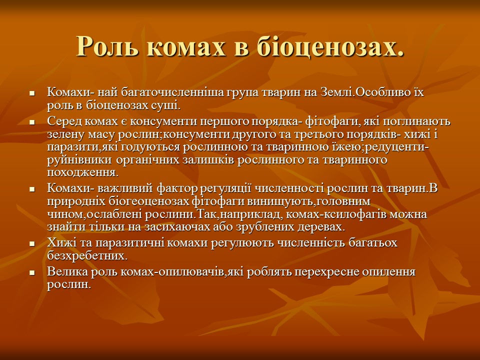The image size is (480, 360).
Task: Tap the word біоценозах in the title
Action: click(x=330, y=47)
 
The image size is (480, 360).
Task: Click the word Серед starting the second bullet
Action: click(x=64, y=121)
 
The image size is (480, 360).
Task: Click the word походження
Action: click(x=82, y=173)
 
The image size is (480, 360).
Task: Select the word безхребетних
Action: click(x=87, y=255)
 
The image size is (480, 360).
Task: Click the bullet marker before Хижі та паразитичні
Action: click(x=32, y=244)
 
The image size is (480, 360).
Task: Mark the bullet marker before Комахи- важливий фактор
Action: click(x=32, y=189)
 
